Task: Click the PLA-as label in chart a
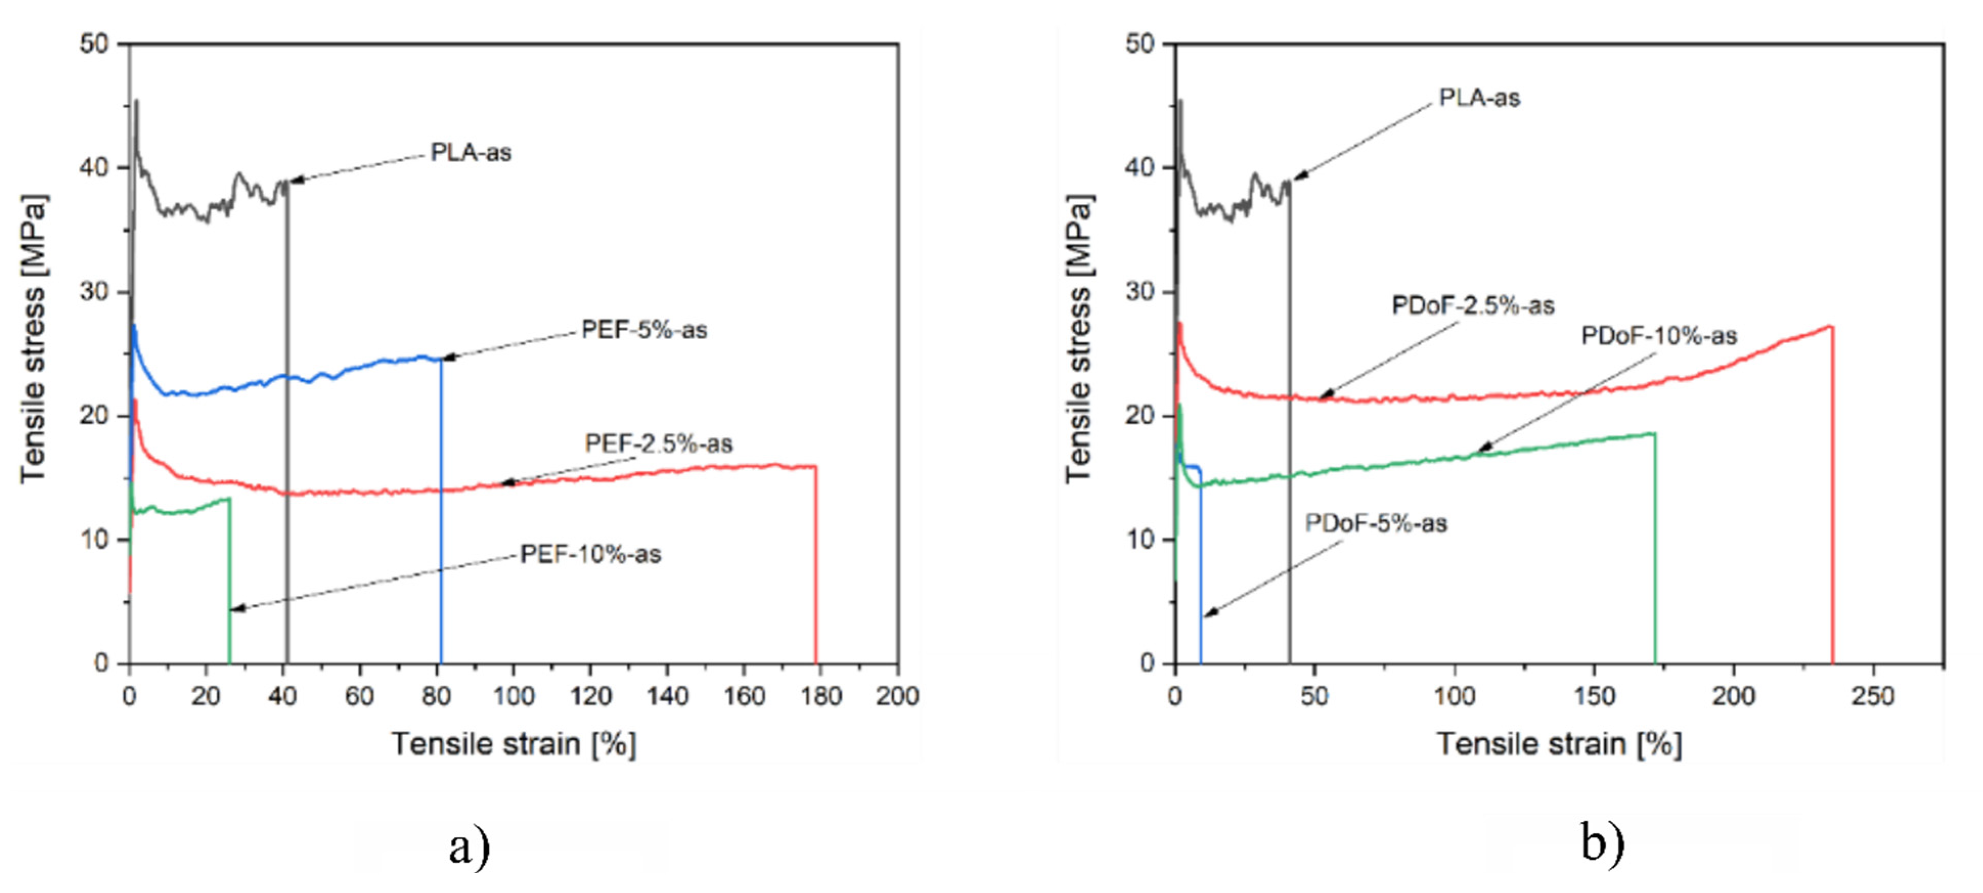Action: point(470,152)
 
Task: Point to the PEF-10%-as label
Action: point(591,554)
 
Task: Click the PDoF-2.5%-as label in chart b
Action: point(1473,306)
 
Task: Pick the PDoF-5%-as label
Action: point(1376,524)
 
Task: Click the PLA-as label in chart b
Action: point(1479,98)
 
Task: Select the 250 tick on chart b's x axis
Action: point(1872,697)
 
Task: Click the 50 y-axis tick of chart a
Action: point(94,44)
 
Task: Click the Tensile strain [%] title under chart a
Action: point(513,745)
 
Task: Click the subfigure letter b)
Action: point(1603,842)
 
